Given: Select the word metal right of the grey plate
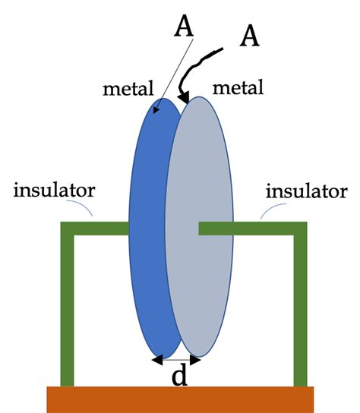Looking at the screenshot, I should [238, 89].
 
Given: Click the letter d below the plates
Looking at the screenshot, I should [179, 377].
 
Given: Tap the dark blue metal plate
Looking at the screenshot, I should [149, 228].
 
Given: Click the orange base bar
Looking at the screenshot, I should [180, 399].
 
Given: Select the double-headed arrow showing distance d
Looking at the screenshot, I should [176, 359].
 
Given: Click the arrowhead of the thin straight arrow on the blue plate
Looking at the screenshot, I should [157, 112].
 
